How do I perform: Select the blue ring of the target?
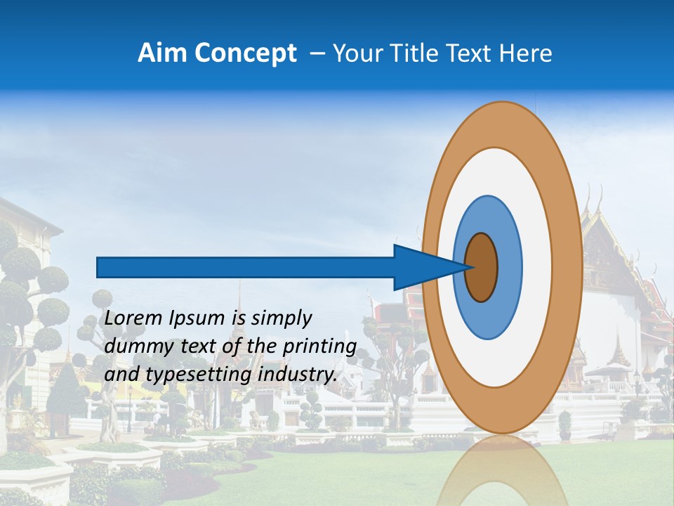(x=509, y=268)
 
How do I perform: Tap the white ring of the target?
(x=537, y=268)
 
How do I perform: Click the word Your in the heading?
(x=355, y=53)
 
